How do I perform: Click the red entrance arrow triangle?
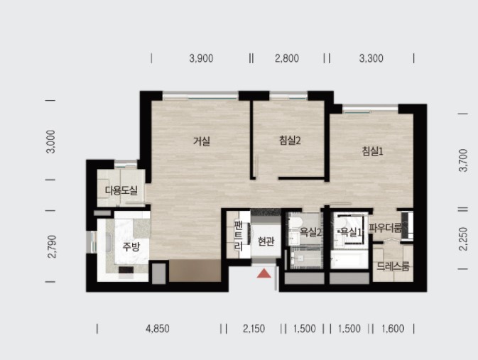point(264,273)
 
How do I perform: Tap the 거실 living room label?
point(202,141)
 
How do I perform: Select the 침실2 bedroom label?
point(290,140)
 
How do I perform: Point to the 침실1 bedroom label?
point(372,151)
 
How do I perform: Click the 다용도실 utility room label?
point(121,190)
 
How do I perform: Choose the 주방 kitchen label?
point(131,246)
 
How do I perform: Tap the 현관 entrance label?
point(266,241)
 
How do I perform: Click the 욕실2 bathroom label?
point(311,232)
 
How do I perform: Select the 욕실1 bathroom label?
point(351,232)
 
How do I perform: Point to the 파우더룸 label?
point(386,228)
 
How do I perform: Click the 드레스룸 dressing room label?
point(393,266)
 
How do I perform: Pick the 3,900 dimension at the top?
point(201,58)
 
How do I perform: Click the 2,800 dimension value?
point(287,58)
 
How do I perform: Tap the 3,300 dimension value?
point(371,58)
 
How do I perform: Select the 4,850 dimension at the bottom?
point(158,329)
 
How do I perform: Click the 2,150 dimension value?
point(254,329)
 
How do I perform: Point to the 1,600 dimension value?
point(393,329)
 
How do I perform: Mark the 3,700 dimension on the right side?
point(463,160)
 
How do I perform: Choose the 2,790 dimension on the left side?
point(53,246)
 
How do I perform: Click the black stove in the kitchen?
point(126,270)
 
